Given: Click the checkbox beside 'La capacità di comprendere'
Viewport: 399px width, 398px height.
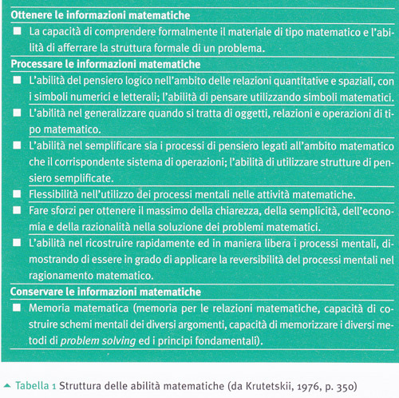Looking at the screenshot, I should click(x=18, y=31).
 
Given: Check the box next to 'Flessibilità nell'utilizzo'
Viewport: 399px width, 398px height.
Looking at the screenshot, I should click(x=18, y=195).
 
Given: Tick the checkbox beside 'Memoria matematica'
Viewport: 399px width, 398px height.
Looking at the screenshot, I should click(x=18, y=308).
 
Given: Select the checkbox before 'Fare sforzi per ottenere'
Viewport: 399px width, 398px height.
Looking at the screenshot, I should click(x=18, y=210).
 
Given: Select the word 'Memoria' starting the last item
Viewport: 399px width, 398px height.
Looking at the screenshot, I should click(x=49, y=308).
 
